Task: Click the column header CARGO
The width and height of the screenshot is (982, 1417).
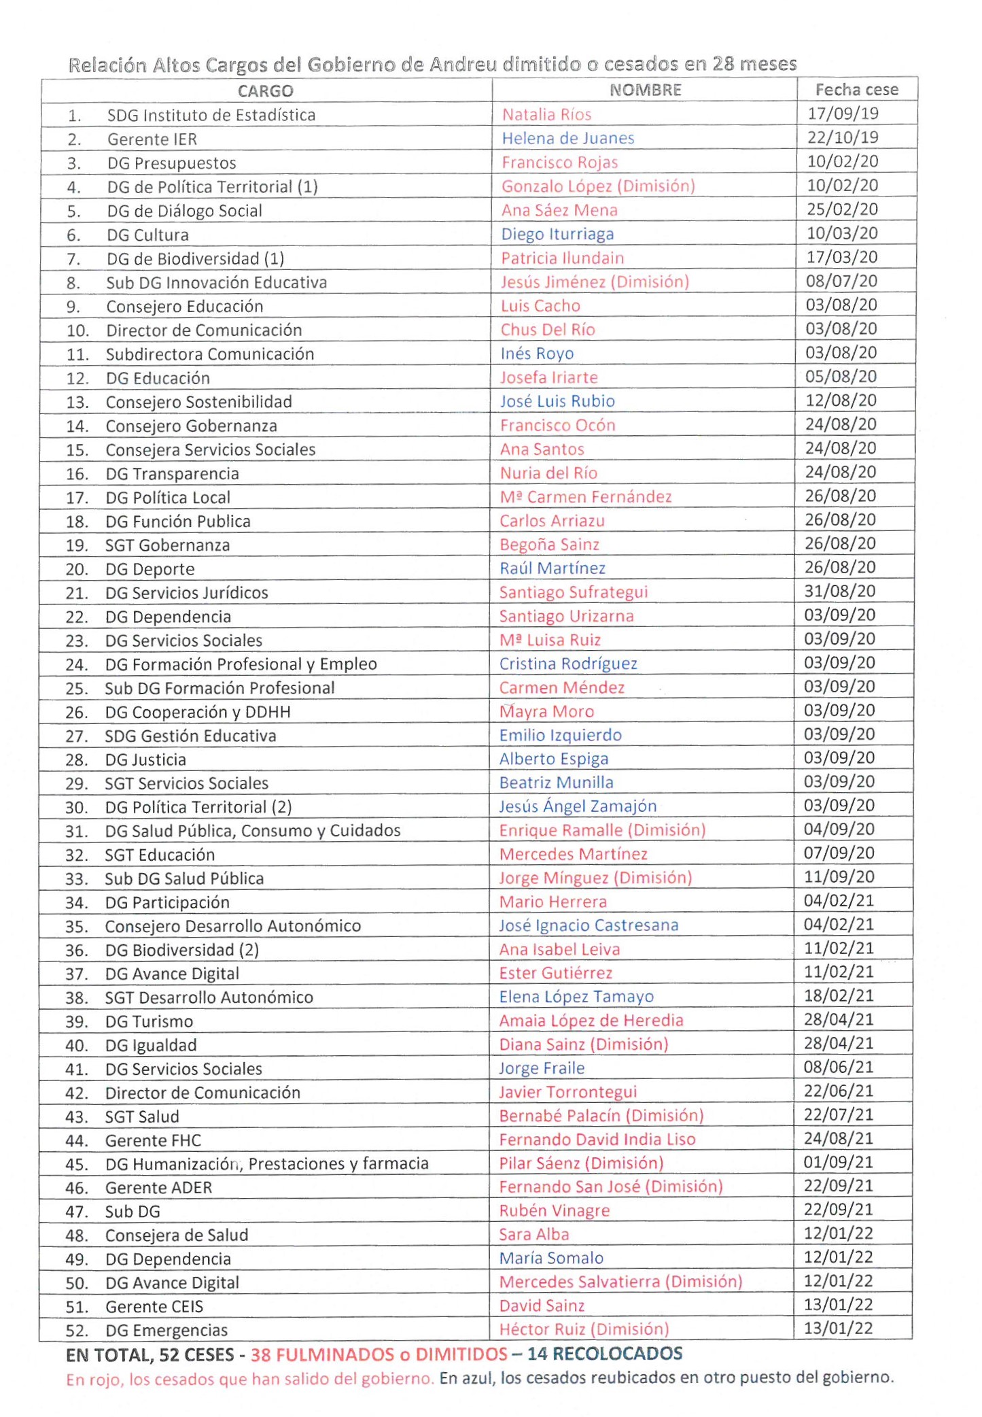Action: [x=265, y=91]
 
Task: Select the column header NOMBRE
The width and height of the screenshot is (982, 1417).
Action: [x=645, y=90]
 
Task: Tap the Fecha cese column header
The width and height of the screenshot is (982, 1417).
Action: [x=856, y=90]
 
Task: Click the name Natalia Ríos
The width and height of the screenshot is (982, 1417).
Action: [x=546, y=115]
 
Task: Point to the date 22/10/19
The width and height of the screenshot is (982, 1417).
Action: [x=843, y=137]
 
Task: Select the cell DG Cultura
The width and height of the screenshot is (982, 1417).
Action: [x=147, y=235]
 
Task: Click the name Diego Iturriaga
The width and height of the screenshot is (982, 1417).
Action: [x=557, y=235]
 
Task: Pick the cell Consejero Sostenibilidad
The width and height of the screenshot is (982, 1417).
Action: [x=198, y=403]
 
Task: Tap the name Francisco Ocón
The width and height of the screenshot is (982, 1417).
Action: [x=557, y=426]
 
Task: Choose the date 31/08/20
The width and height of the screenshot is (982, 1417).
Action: [x=840, y=591]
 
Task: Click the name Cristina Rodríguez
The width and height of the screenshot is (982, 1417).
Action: [x=568, y=664]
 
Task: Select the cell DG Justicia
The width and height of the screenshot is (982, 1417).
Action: [x=145, y=760]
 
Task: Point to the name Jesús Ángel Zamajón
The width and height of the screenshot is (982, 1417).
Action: [x=578, y=806]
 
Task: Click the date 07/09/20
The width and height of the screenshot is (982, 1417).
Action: [x=839, y=853]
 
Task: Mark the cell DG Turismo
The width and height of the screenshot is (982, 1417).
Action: [x=149, y=1022]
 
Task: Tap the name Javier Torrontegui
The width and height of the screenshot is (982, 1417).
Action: [x=568, y=1092]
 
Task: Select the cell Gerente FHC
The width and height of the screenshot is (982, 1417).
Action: [x=153, y=1141]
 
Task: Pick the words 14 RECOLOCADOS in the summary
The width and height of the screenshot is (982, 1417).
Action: [x=604, y=1354]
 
